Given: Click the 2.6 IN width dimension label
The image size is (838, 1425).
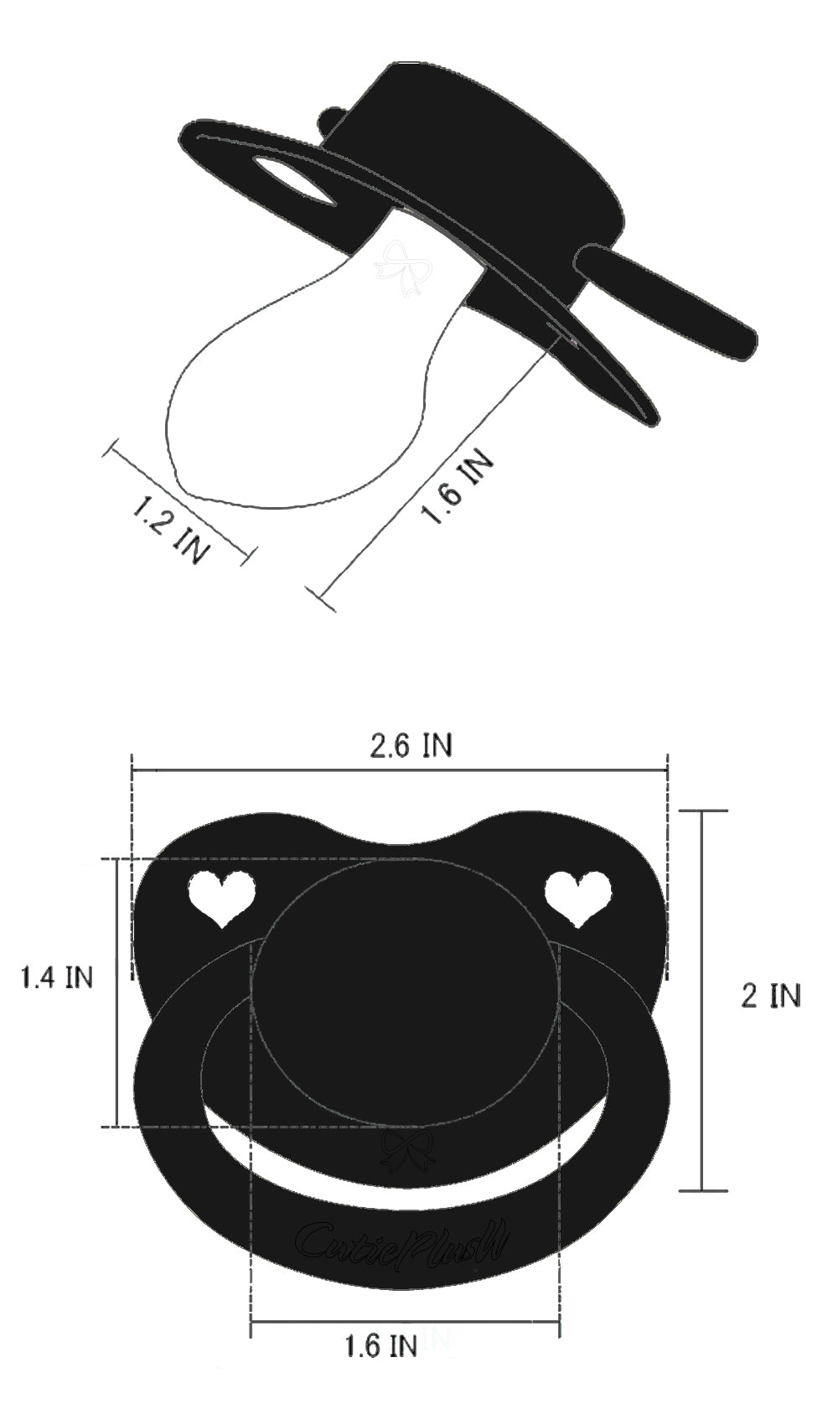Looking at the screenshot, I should coord(411,744).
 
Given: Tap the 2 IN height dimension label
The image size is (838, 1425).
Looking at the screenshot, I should coord(771,995).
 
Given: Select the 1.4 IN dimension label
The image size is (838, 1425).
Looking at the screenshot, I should coord(57,977).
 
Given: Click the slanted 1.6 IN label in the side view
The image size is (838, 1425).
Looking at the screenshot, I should coord(457,489).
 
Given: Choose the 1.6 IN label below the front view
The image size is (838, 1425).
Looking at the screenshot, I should coord(380,1346).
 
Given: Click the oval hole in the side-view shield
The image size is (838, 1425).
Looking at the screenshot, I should coord(295,178).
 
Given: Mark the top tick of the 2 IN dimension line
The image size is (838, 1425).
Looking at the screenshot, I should coord(702,811).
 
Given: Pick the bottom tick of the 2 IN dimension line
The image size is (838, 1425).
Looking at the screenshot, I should coord(702,1190).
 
